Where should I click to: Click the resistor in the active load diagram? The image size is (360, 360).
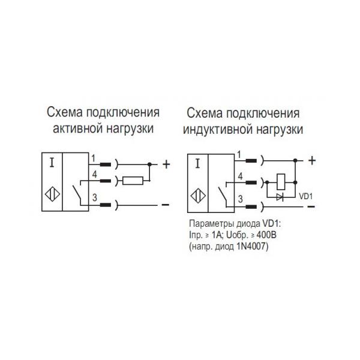pyautogui.click(x=133, y=181)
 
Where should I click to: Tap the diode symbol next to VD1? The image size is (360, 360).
pyautogui.click(x=280, y=197)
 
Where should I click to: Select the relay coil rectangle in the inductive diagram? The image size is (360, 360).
pyautogui.click(x=281, y=182)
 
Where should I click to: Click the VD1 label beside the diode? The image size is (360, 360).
pyautogui.click(x=306, y=197)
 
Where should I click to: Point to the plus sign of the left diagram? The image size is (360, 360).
pyautogui.click(x=166, y=164)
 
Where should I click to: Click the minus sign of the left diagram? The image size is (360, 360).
pyautogui.click(x=166, y=205)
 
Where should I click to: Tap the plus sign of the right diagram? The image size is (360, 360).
pyautogui.click(x=312, y=160)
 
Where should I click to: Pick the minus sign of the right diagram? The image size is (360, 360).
pyautogui.click(x=311, y=206)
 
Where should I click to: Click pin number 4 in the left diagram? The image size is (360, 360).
pyautogui.click(x=95, y=175)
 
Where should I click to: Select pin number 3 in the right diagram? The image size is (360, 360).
pyautogui.click(x=241, y=199)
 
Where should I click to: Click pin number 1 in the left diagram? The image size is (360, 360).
pyautogui.click(x=93, y=158)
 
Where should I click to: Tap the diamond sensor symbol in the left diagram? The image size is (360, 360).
pyautogui.click(x=52, y=194)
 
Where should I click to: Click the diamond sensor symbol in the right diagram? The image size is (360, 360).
pyautogui.click(x=198, y=196)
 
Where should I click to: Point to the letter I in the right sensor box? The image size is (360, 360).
pyautogui.click(x=197, y=164)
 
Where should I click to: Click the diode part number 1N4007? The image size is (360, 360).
pyautogui.click(x=251, y=247)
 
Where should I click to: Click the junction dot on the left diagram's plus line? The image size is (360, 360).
pyautogui.click(x=149, y=164)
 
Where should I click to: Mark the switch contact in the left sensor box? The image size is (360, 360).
pyautogui.click(x=77, y=193)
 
